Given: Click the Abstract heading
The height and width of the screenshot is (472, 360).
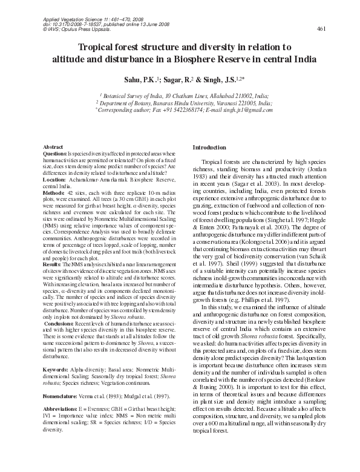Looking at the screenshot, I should coord(54,148).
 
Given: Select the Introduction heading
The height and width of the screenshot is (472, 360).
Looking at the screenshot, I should coord(209,148).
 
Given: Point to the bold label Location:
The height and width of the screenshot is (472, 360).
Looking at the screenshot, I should coord(56,180).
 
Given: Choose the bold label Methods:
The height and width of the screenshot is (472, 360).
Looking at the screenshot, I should coord(55,192).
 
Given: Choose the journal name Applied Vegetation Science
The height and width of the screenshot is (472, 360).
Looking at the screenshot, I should coord(71,19).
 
